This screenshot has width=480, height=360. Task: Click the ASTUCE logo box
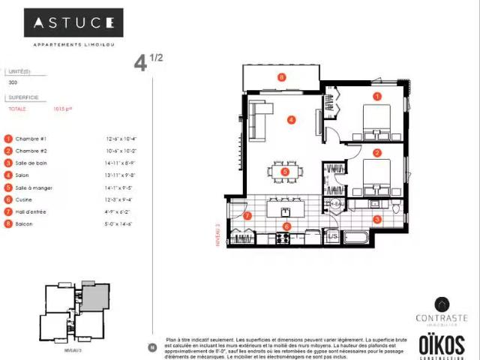(73, 22)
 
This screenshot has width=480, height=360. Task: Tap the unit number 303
(13, 82)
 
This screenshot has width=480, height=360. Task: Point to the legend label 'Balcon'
(24, 223)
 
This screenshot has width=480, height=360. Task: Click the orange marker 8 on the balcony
(281, 76)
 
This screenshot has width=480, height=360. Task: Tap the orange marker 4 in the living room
(291, 119)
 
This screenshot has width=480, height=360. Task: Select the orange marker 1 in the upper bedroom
(377, 96)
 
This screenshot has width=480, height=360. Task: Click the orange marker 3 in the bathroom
(377, 219)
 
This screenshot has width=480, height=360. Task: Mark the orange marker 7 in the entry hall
(247, 216)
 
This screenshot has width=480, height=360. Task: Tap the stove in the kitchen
(284, 238)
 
